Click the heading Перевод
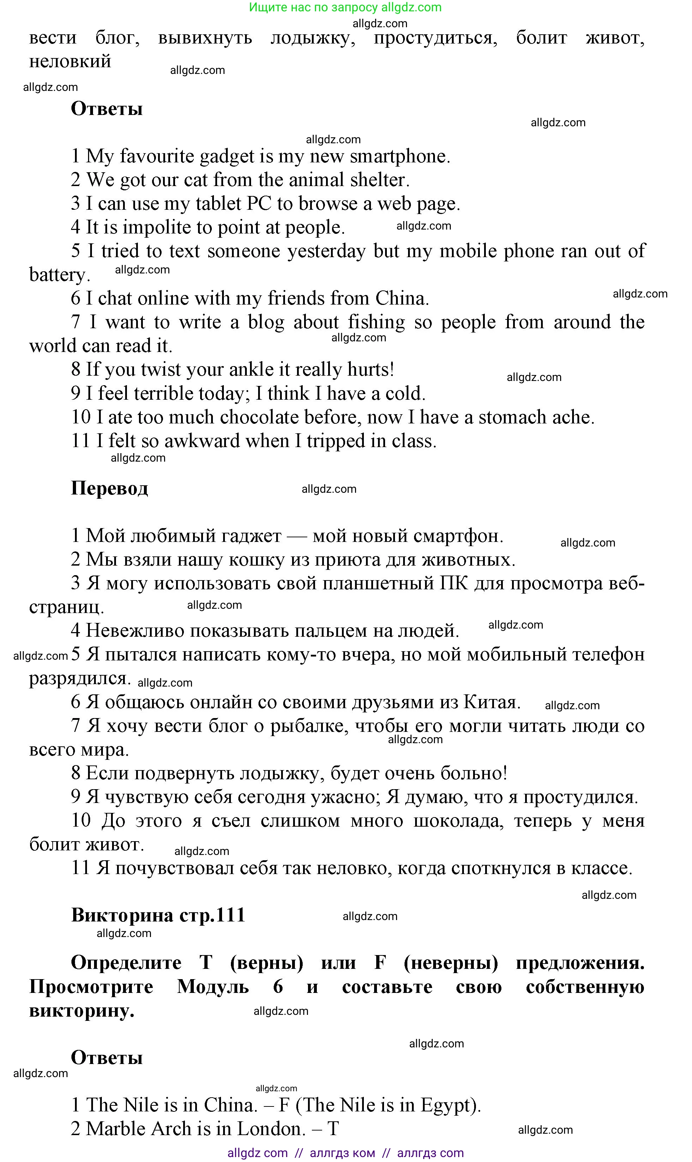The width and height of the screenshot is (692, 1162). tap(109, 489)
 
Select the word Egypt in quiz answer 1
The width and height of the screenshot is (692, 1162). tap(447, 1105)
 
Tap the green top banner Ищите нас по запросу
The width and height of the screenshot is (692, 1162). tap(345, 7)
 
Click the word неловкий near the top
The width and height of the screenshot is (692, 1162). tap(70, 62)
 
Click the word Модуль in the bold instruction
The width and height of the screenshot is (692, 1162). tap(213, 987)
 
